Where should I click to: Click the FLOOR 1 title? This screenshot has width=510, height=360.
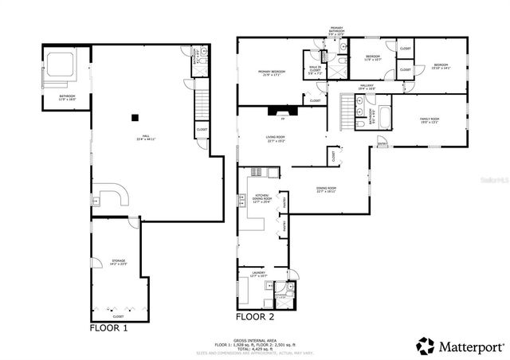tap(108, 327)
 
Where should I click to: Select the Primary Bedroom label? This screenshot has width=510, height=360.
tap(271, 72)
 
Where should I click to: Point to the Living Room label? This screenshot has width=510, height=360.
tap(276, 139)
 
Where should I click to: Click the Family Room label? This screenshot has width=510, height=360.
tap(430, 120)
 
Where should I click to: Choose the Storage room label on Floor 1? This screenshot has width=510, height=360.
tap(118, 261)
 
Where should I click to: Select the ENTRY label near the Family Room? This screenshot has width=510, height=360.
tap(382, 144)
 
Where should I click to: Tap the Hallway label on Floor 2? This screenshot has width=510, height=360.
tap(366, 86)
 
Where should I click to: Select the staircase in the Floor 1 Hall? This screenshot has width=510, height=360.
tap(202, 104)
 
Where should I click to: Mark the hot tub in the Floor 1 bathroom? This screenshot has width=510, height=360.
tap(61, 64)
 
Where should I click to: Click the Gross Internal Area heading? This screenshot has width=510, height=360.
tap(254, 338)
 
